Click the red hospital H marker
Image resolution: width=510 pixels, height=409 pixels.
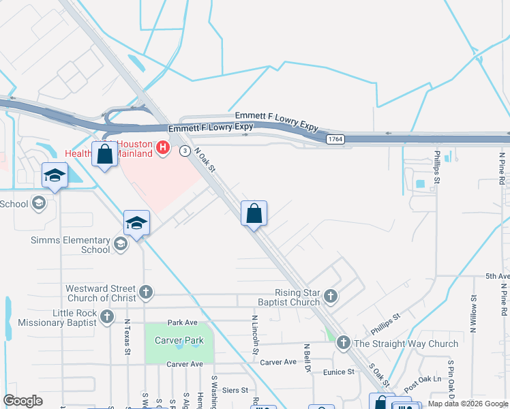point(162,147)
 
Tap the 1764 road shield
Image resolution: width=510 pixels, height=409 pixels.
point(334,139)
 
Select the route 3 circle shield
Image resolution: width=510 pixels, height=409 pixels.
point(185,151)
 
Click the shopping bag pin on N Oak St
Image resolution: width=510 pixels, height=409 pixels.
point(254,214)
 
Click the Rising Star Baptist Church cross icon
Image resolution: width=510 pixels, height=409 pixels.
point(331,296)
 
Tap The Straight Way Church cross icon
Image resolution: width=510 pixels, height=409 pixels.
point(343,344)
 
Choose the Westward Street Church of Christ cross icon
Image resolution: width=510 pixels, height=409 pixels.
point(145,293)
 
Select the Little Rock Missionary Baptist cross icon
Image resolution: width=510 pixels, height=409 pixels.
point(107,316)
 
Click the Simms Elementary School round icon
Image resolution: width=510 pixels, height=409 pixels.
point(121,244)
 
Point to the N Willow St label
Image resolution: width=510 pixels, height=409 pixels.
point(472,312)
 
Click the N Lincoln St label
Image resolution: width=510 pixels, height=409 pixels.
point(254,333)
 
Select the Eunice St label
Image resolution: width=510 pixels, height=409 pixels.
point(339,372)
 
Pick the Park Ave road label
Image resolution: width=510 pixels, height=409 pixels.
point(182,322)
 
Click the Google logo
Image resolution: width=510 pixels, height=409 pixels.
point(23,401)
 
